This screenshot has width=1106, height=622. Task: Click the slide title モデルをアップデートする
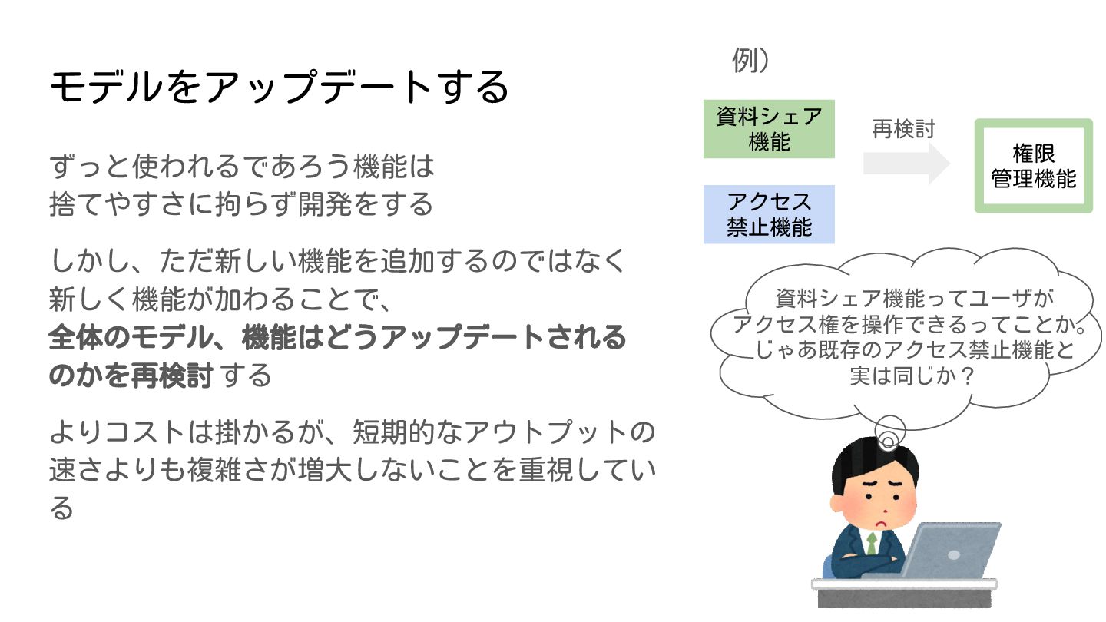tap(279, 87)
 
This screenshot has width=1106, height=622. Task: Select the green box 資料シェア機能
tap(769, 129)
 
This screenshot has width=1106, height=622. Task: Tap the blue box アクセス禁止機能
tap(769, 214)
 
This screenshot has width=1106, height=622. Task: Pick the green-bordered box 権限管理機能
tap(1033, 166)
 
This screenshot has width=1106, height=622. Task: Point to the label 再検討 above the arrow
tap(903, 129)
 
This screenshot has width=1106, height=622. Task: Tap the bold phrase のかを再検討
tap(131, 376)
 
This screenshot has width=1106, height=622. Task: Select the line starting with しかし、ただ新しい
tap(338, 261)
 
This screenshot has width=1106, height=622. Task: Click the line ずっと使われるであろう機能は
tap(242, 166)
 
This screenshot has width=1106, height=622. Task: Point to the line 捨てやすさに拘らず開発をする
tap(241, 203)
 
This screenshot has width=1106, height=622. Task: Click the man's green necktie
tap(872, 543)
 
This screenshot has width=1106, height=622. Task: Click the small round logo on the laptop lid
tap(953, 554)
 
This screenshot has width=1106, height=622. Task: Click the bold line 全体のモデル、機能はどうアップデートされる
tap(338, 338)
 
